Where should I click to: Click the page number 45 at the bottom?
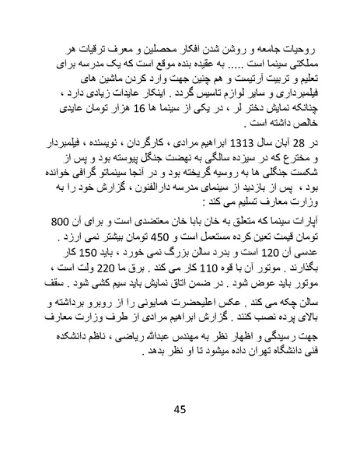pyautogui.click(x=180, y=411)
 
